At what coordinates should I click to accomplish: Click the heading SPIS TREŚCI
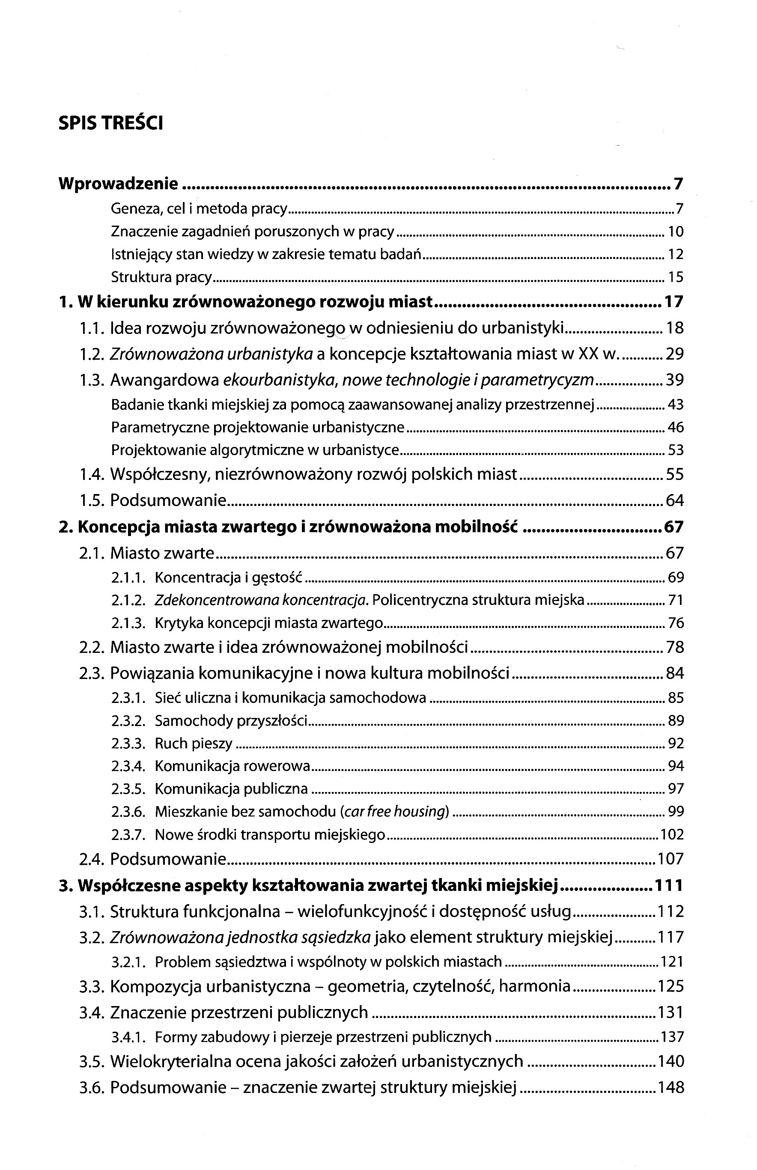click(110, 123)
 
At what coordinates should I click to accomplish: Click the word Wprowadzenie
click(118, 184)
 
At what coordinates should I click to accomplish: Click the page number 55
click(675, 475)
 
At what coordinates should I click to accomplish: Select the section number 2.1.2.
click(128, 601)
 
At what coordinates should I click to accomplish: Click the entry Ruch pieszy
click(193, 744)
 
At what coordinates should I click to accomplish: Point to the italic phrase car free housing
click(394, 812)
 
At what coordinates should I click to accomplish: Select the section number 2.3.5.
click(128, 789)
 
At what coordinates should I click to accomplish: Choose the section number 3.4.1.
click(128, 1037)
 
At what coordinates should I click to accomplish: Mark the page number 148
click(671, 1087)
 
